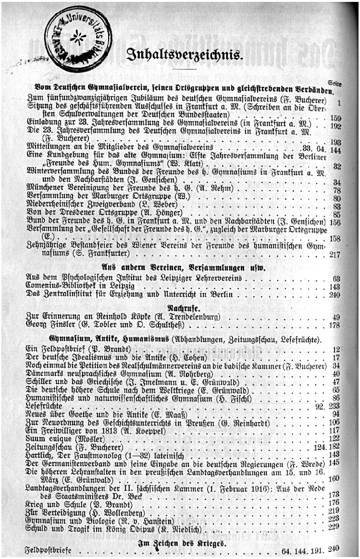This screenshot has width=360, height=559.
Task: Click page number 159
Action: tap(335, 118)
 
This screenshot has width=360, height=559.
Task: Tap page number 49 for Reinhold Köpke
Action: tap(337, 316)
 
